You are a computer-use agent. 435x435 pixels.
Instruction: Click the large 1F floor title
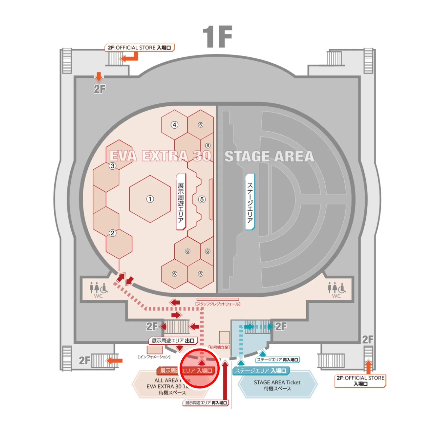coord(217,37)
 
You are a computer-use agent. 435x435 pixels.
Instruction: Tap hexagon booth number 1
coord(150,199)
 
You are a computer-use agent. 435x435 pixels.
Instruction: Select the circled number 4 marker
coord(174,125)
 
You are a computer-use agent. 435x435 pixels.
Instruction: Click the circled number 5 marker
coord(202,199)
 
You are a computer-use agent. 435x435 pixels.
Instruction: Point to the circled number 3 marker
coord(113,166)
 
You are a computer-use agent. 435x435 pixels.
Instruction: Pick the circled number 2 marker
coord(113,233)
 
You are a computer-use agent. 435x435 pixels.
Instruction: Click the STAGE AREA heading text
coord(269,157)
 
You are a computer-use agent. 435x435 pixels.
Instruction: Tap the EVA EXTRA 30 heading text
coord(160,156)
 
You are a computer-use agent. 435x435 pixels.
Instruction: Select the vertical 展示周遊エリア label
coord(181,202)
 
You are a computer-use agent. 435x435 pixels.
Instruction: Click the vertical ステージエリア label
coord(250,202)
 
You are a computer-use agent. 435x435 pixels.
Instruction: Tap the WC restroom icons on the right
coord(337,290)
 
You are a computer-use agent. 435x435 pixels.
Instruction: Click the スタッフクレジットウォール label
coord(218,304)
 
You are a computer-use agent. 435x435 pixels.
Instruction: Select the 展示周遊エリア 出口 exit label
coord(173,341)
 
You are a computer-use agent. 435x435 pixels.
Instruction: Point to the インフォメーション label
coord(154,357)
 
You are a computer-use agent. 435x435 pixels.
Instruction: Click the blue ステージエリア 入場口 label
coord(261,371)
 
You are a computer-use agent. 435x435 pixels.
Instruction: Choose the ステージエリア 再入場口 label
coord(278,360)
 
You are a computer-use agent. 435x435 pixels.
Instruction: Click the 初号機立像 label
coord(219,347)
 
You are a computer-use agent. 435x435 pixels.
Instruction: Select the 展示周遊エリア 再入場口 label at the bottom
coord(206,403)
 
